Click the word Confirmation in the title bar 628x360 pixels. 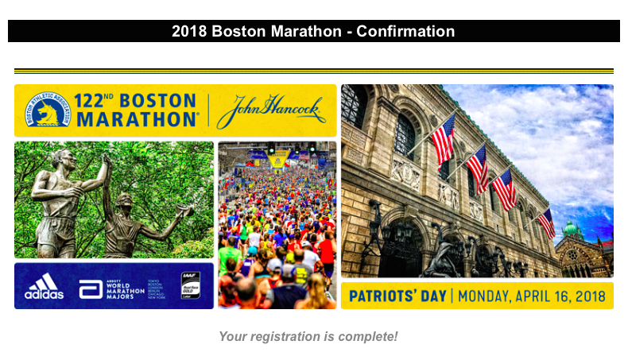click(405, 32)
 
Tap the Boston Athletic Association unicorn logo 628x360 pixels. click(48, 110)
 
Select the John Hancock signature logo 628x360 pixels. click(270, 110)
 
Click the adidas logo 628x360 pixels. click(44, 287)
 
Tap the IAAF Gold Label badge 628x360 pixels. click(190, 285)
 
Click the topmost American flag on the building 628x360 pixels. click(443, 139)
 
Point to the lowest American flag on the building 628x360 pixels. click(546, 223)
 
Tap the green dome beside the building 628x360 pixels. click(570, 230)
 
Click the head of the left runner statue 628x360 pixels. click(66, 158)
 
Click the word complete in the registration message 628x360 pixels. click(370, 336)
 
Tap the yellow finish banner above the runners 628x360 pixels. click(278, 160)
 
